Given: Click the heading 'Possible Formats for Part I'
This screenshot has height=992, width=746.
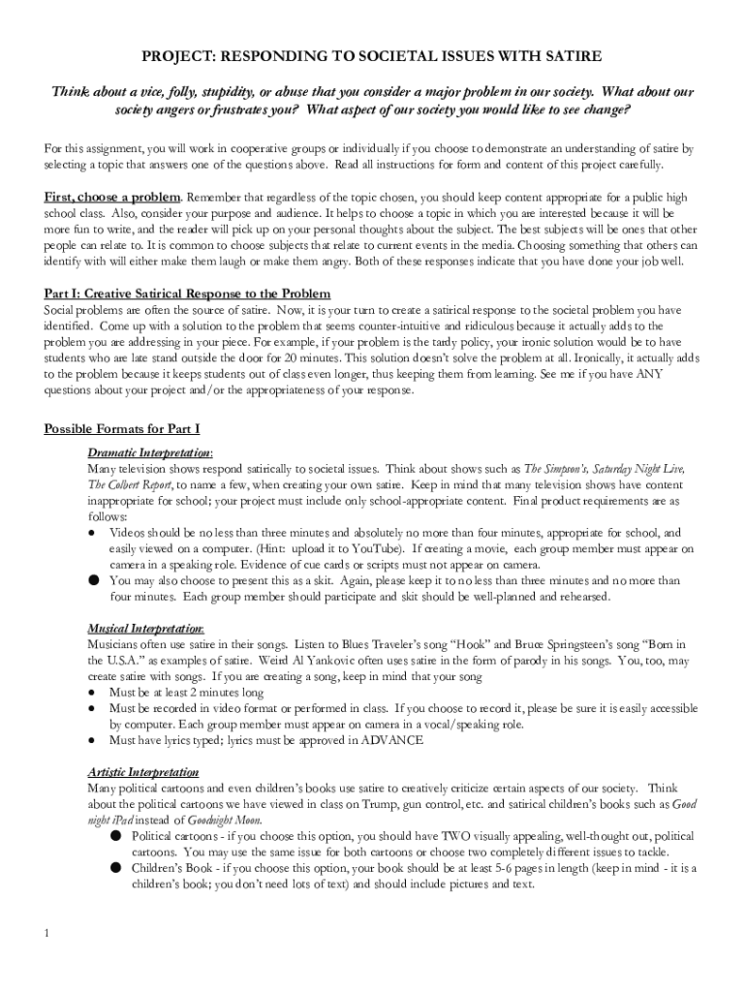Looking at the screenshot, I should tap(122, 428).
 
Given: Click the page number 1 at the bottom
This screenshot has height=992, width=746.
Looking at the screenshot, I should tap(46, 934).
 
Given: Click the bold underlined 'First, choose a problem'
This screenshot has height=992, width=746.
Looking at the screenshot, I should tap(113, 198).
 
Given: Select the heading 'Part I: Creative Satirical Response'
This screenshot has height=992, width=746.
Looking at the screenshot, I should tap(187, 294).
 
